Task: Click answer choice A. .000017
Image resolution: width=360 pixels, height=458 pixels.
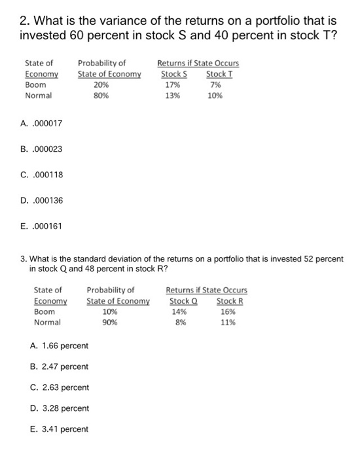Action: pyautogui.click(x=43, y=123)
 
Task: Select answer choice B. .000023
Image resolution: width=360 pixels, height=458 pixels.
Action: pyautogui.click(x=43, y=149)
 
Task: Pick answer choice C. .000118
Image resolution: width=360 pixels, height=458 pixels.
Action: pyautogui.click(x=43, y=174)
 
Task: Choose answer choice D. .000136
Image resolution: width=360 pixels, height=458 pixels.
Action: pyautogui.click(x=43, y=200)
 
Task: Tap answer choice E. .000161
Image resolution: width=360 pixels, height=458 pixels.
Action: pyautogui.click(x=43, y=226)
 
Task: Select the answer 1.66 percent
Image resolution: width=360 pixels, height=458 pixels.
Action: pyautogui.click(x=60, y=345)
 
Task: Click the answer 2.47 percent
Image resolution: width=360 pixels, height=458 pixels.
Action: pyautogui.click(x=60, y=366)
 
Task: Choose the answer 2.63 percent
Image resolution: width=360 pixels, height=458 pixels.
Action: pyautogui.click(x=60, y=387)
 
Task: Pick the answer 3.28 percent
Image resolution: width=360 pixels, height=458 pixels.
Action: pyautogui.click(x=60, y=408)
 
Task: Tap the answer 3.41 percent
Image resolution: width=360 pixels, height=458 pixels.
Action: pyautogui.click(x=60, y=429)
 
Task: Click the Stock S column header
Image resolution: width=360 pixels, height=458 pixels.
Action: pyautogui.click(x=175, y=74)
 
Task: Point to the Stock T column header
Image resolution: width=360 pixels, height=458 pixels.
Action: pyautogui.click(x=219, y=74)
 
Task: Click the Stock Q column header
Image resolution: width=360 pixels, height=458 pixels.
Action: pyautogui.click(x=183, y=301)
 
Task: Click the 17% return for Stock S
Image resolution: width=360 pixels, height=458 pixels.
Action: pyautogui.click(x=173, y=84)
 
